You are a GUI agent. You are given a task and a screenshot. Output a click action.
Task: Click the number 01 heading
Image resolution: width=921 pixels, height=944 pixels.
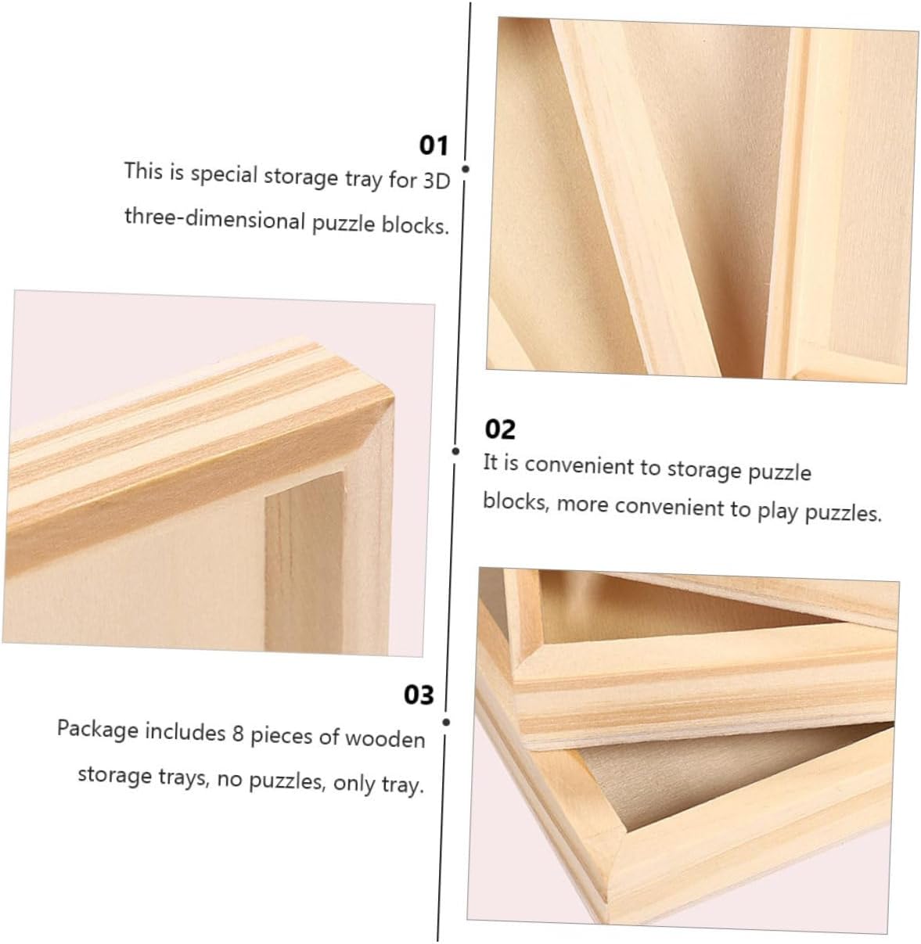tap(434, 145)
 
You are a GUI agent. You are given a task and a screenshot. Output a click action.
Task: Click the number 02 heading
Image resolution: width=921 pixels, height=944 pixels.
tap(500, 429)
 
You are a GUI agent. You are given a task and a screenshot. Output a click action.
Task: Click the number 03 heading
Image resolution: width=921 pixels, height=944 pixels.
tap(419, 695)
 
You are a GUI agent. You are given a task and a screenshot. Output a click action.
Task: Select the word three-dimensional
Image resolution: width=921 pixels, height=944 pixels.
tap(214, 219)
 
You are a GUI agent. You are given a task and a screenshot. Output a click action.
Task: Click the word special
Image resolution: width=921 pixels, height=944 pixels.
tap(224, 174)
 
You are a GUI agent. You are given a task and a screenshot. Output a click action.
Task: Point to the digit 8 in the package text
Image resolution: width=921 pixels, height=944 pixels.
tap(237, 733)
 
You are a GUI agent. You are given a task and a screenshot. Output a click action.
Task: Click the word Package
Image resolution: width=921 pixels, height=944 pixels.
tap(97, 730)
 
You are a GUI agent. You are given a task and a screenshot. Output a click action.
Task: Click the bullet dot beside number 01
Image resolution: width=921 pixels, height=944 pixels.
tap(466, 169)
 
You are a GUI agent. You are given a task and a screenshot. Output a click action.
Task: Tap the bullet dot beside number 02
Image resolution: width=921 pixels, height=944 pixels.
tap(455, 451)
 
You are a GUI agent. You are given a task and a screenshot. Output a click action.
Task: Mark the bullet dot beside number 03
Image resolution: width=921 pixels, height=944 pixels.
tap(447, 723)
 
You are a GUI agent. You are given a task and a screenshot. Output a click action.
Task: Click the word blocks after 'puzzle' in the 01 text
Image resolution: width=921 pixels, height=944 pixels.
tap(415, 225)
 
